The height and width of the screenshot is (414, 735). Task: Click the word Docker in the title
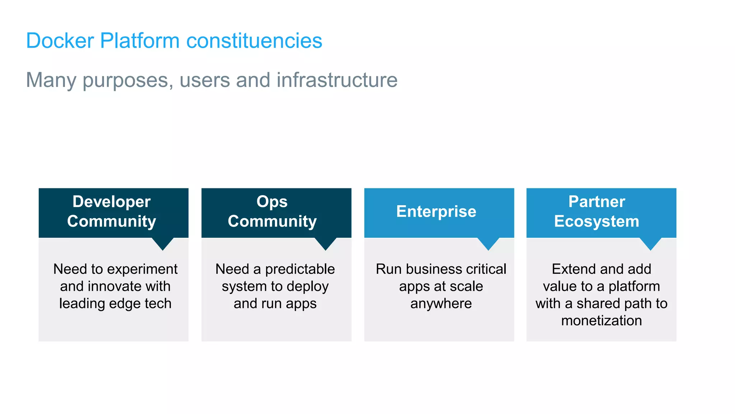pyautogui.click(x=60, y=41)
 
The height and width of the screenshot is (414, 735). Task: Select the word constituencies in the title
pyautogui.click(x=254, y=41)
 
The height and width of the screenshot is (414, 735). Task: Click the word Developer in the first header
pyautogui.click(x=112, y=202)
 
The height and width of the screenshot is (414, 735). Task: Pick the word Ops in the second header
pyautogui.click(x=272, y=202)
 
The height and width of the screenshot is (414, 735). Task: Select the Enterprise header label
pyautogui.click(x=436, y=211)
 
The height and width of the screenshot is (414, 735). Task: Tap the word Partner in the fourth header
pyautogui.click(x=597, y=202)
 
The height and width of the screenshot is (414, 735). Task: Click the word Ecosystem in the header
pyautogui.click(x=596, y=221)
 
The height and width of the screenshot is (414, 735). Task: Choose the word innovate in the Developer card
pyautogui.click(x=114, y=286)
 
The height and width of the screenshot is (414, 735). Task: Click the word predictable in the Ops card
pyautogui.click(x=300, y=269)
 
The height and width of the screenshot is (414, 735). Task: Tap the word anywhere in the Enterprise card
pyautogui.click(x=441, y=304)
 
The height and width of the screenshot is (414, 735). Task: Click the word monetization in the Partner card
pyautogui.click(x=601, y=321)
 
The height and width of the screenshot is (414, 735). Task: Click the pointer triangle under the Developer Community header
pyautogui.click(x=163, y=243)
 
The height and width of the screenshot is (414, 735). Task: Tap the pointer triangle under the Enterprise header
pyautogui.click(x=488, y=243)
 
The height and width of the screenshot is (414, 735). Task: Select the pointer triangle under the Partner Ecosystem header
pyautogui.click(x=650, y=243)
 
